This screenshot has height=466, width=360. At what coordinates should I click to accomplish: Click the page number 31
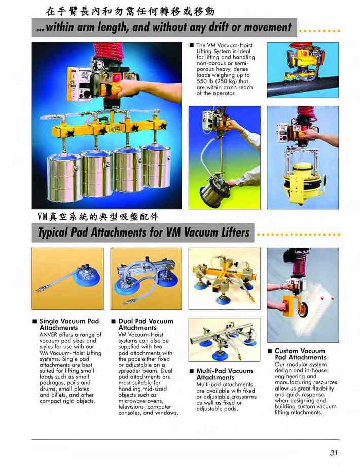click(x=334, y=453)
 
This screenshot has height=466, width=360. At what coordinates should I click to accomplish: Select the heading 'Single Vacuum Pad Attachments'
click(x=69, y=324)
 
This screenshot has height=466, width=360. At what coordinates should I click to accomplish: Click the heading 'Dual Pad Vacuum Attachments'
click(x=146, y=324)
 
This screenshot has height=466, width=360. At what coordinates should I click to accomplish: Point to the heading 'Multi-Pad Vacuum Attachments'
click(x=224, y=374)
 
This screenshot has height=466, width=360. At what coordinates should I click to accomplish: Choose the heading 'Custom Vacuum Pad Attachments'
click(x=301, y=354)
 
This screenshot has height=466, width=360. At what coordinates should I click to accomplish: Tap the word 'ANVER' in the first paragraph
click(x=49, y=335)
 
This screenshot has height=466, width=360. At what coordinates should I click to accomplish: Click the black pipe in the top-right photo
click(x=303, y=86)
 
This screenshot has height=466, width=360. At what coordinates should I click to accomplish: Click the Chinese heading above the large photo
click(x=129, y=11)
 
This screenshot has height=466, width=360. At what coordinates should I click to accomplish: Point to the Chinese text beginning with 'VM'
click(x=98, y=217)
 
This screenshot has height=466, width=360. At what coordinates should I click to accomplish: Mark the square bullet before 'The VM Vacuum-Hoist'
click(x=191, y=45)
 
